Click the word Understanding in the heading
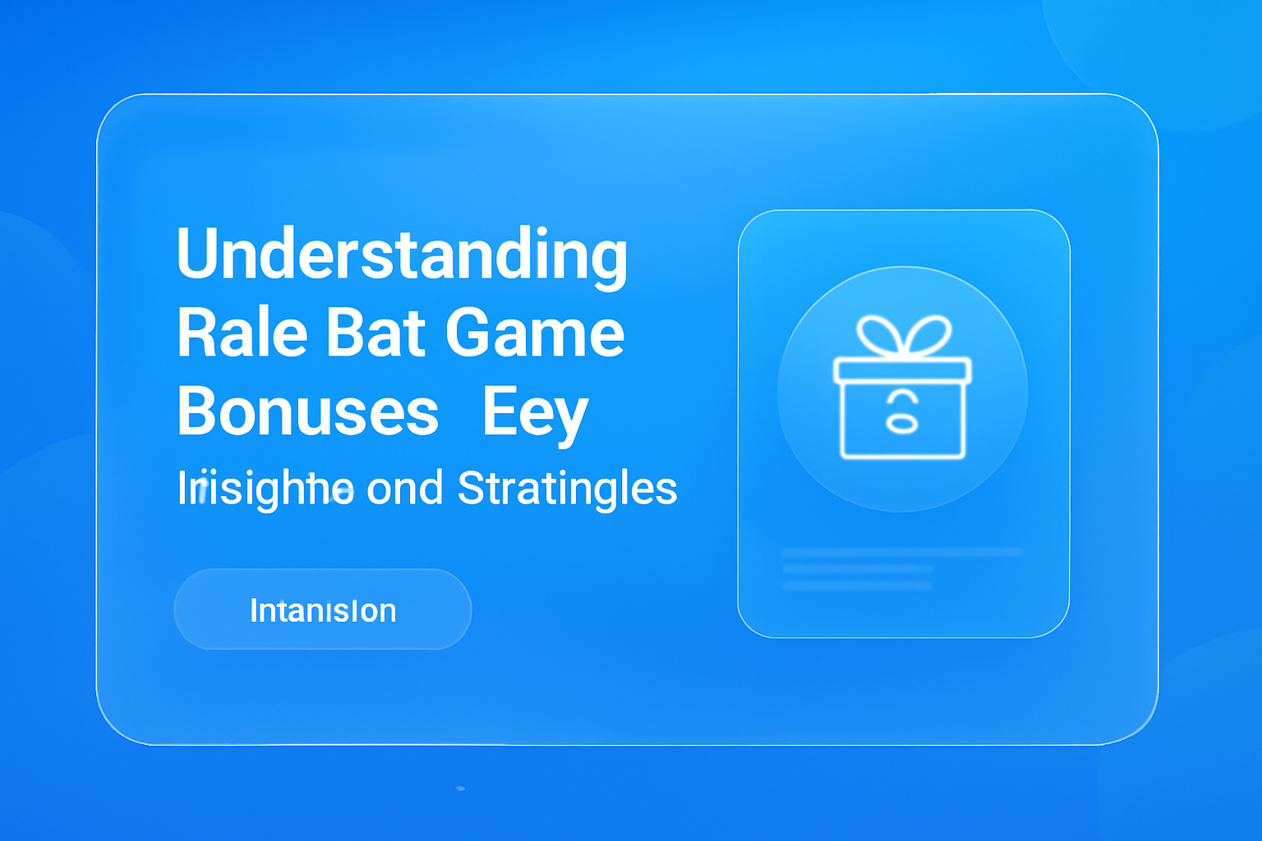[x=402, y=255]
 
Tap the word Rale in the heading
[x=242, y=333]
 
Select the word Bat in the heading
[x=376, y=333]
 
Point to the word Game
[x=535, y=333]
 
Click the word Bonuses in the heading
[x=308, y=411]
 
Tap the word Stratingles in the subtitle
[x=567, y=489]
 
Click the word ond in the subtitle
[x=404, y=489]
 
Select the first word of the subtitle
[x=265, y=489]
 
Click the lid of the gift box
[x=902, y=370]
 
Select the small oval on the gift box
[x=901, y=424]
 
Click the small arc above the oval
[x=902, y=398]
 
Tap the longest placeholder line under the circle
[x=902, y=552]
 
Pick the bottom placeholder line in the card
[x=857, y=586]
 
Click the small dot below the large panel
[x=460, y=788]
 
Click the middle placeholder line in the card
[x=858, y=568]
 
